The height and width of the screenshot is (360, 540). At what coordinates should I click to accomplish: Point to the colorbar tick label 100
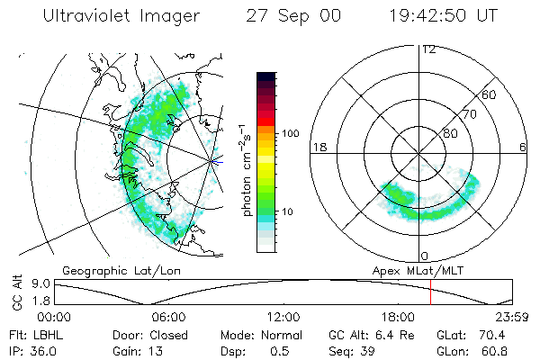pyautogui.click(x=290, y=133)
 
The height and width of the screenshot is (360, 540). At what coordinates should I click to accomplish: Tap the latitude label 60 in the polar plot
pyautogui.click(x=490, y=94)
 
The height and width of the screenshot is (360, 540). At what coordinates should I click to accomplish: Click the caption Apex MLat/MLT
pyautogui.click(x=417, y=270)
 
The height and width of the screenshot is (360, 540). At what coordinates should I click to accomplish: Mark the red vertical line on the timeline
pyautogui.click(x=431, y=292)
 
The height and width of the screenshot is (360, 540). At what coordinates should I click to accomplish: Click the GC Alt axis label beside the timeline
pyautogui.click(x=15, y=293)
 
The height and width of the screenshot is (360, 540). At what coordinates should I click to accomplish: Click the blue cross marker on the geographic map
pyautogui.click(x=213, y=161)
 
